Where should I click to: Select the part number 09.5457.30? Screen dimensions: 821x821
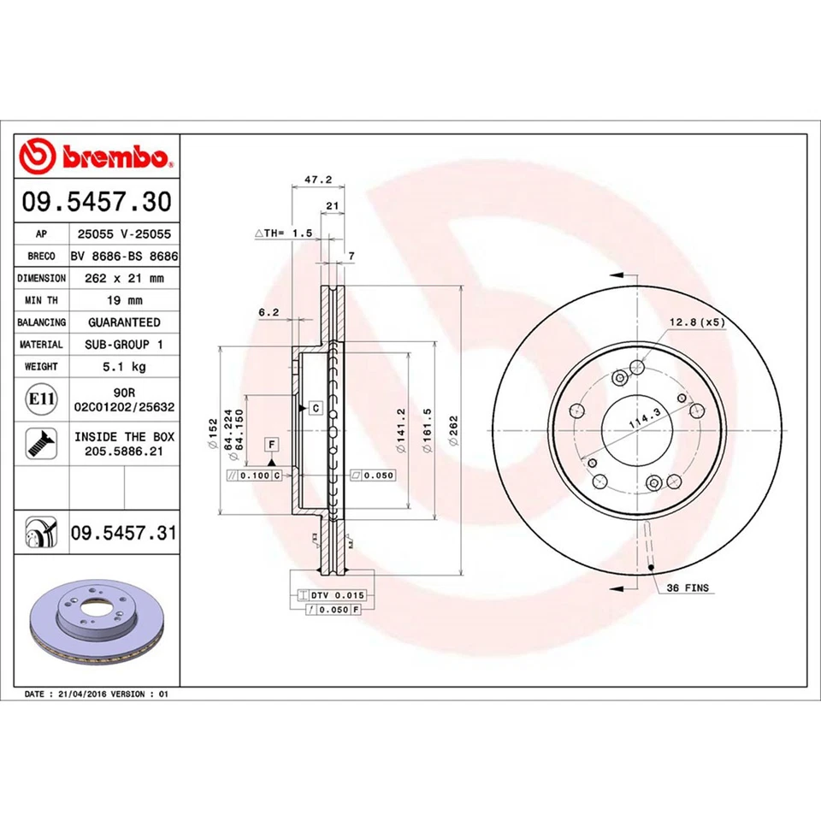coord(97,202)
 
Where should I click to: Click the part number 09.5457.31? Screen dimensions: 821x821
coord(123,534)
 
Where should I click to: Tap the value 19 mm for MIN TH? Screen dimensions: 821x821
coord(124,300)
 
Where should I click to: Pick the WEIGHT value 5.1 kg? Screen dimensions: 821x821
coord(124,366)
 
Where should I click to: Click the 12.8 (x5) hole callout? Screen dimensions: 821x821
coord(696,322)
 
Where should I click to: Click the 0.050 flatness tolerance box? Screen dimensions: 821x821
coord(373,475)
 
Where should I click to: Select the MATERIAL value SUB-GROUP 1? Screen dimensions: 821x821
coord(124,344)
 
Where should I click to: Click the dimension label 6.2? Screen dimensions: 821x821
coord(269,313)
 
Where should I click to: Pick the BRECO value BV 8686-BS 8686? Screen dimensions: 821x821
coord(124,256)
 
